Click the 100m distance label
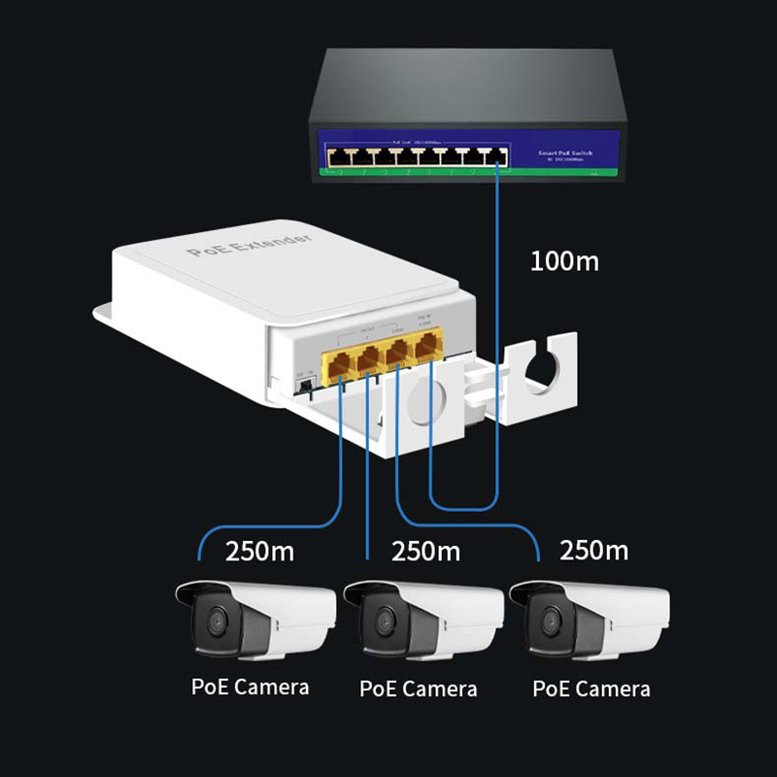point(564,260)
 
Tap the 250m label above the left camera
point(259,552)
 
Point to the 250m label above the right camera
point(593,551)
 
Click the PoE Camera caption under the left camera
point(250,687)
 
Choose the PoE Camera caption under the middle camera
point(419,689)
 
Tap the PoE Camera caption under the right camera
point(591,689)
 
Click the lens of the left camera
point(215,619)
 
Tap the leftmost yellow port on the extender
point(341,365)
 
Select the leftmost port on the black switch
point(335,155)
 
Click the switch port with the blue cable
point(498,155)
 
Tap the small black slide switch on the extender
point(304,386)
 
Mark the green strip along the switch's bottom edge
point(466,175)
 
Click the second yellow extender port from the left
point(369,360)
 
